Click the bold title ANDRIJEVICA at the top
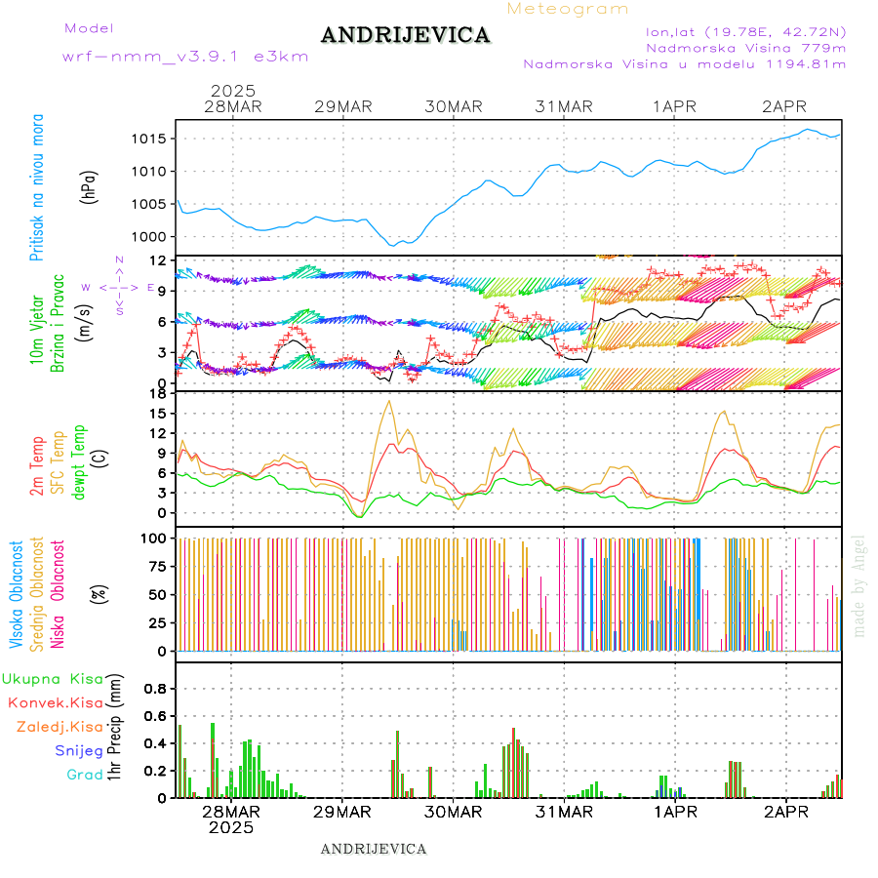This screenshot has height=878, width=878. click(x=405, y=36)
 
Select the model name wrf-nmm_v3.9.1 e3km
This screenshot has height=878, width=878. click(x=185, y=57)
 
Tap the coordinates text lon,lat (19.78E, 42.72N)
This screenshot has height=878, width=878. click(x=739, y=31)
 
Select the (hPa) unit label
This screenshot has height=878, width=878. click(x=89, y=185)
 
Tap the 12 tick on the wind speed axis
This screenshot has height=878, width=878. click(x=156, y=260)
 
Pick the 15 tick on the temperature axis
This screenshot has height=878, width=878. click(x=156, y=414)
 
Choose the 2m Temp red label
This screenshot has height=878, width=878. click(x=37, y=467)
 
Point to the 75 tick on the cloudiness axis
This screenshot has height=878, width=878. click(x=156, y=566)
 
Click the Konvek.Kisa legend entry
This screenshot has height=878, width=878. click(x=55, y=702)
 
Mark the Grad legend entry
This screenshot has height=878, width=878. click(x=85, y=775)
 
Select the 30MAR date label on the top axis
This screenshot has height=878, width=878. click(x=454, y=106)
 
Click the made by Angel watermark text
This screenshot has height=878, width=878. click(x=859, y=585)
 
